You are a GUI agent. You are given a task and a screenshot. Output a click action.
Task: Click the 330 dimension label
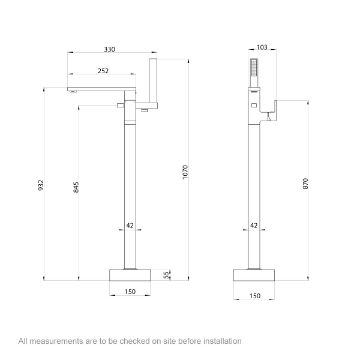tap(109, 49)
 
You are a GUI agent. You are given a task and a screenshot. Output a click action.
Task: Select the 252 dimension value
tap(103, 71)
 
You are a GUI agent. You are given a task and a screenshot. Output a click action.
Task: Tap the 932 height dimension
tap(41, 186)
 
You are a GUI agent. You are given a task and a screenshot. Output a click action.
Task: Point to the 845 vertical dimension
tap(76, 187)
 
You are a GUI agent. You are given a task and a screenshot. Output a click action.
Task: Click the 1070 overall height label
tap(186, 172)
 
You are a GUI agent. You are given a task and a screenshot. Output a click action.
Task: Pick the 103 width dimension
tap(262, 47)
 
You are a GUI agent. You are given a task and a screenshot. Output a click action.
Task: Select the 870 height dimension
tap(306, 184)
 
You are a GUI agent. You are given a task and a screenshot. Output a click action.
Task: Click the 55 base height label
tap(168, 274)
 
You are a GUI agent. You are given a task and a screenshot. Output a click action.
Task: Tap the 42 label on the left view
tap(130, 226)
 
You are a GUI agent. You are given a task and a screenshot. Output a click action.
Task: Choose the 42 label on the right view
tap(254, 226)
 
